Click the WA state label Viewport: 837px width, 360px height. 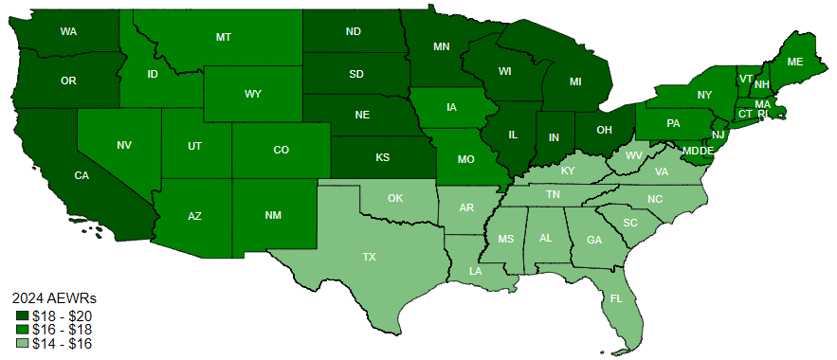pyautogui.click(x=68, y=31)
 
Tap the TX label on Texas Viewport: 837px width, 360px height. pyautogui.click(x=369, y=257)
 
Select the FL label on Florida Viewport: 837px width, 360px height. pyautogui.click(x=617, y=297)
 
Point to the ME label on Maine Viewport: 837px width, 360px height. pyautogui.click(x=795, y=62)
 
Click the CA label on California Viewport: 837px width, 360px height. pyautogui.click(x=82, y=175)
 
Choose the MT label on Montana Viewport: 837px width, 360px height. pyautogui.click(x=224, y=37)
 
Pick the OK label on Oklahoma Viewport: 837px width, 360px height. pyautogui.click(x=396, y=199)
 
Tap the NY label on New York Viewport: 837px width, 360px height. pyautogui.click(x=704, y=95)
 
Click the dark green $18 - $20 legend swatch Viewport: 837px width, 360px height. pyautogui.click(x=22, y=315)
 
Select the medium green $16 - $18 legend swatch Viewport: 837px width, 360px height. pyautogui.click(x=22, y=329)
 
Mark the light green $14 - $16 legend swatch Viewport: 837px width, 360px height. pyautogui.click(x=22, y=342)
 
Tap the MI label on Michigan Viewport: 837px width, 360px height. pyautogui.click(x=575, y=81)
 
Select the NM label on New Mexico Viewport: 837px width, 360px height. pyautogui.click(x=273, y=215)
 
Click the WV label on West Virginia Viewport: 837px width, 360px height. pyautogui.click(x=630, y=154)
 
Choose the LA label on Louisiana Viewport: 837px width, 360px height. pyautogui.click(x=475, y=272)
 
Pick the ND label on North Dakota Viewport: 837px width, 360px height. pyautogui.click(x=354, y=31)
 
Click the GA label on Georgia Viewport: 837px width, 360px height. pyautogui.click(x=594, y=240)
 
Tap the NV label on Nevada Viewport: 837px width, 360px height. pyautogui.click(x=124, y=145)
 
